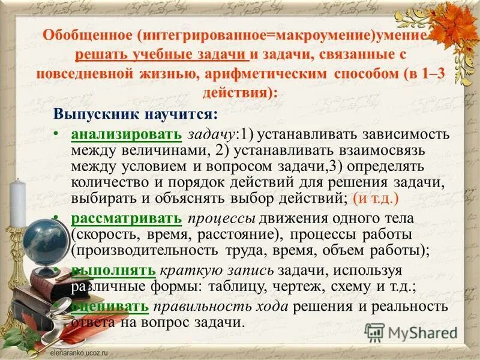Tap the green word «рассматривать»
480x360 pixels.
point(125,218)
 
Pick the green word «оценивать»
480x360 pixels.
point(110,307)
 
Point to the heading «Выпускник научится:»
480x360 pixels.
point(136,113)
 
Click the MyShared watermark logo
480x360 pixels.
point(412,332)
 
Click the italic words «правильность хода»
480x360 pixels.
point(220,307)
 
